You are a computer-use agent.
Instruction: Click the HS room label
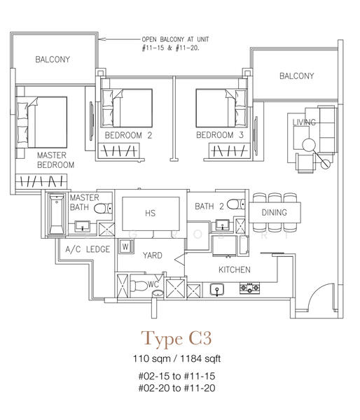pyautogui.click(x=150, y=213)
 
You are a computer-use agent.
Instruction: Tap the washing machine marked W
pyautogui.click(x=125, y=246)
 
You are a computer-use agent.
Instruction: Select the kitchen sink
pyautogui.click(x=217, y=290)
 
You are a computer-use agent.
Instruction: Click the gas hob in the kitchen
pyautogui.click(x=249, y=288)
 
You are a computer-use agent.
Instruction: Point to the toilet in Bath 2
pyautogui.click(x=236, y=204)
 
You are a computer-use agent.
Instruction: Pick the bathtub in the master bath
pyautogui.click(x=57, y=214)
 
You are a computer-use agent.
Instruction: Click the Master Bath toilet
pyautogui.click(x=103, y=208)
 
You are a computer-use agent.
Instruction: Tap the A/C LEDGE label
pyautogui.click(x=88, y=249)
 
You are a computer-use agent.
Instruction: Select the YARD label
pyautogui.click(x=152, y=255)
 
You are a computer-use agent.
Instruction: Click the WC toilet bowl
pyautogui.click(x=139, y=286)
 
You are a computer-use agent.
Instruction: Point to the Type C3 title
pyautogui.click(x=176, y=338)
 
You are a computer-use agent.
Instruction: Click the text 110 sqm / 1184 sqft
pyautogui.click(x=177, y=358)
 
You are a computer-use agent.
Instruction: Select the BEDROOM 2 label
pyautogui.click(x=128, y=135)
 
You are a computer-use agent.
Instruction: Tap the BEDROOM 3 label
pyautogui.click(x=220, y=135)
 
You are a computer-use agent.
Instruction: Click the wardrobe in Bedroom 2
pyautogui.click(x=119, y=151)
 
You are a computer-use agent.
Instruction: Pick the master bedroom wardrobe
pyautogui.click(x=41, y=181)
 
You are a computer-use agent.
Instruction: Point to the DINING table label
pyautogui.click(x=275, y=213)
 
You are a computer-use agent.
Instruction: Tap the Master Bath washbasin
pyautogui.click(x=82, y=226)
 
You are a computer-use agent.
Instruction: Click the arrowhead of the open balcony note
pyautogui.click(x=102, y=39)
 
